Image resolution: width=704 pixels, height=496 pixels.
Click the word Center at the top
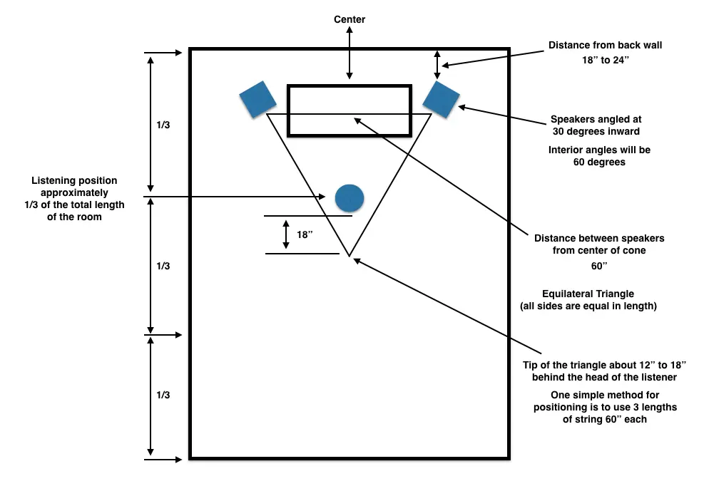[x=350, y=19]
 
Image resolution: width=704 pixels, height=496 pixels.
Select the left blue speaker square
[x=257, y=98]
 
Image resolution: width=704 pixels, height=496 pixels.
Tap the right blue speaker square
[x=441, y=98]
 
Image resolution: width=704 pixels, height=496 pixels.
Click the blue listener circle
[x=350, y=197]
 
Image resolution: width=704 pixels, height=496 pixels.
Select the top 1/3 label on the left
[x=163, y=125]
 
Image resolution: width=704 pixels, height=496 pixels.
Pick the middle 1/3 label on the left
[x=163, y=266]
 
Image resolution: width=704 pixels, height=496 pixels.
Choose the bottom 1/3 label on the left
[x=163, y=394]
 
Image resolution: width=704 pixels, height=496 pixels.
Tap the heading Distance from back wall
[x=605, y=45]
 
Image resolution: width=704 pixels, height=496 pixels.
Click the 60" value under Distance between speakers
[x=598, y=266]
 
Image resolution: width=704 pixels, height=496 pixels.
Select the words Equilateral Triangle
[x=588, y=294]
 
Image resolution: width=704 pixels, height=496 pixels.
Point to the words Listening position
[x=74, y=181]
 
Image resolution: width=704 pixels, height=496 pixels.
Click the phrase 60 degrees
[x=599, y=162]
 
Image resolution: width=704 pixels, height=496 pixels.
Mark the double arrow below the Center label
[x=349, y=54]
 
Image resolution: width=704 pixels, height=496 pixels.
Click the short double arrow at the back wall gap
[x=439, y=64]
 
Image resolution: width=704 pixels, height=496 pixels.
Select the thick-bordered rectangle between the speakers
[x=349, y=110]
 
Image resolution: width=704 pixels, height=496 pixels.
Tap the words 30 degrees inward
[x=596, y=132]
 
